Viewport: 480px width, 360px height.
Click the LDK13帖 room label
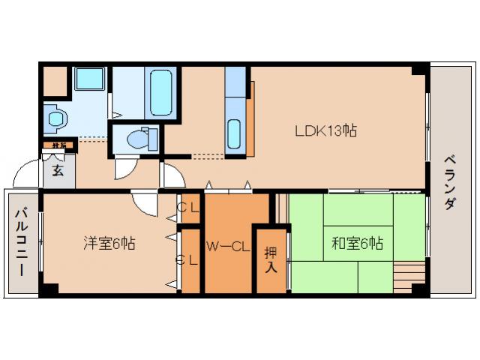point(324,130)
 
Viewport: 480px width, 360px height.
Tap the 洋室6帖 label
point(109,243)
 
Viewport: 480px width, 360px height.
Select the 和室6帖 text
point(358,243)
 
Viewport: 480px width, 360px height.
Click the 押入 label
point(271,257)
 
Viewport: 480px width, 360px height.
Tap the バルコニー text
point(21,242)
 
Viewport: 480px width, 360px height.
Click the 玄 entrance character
point(58,169)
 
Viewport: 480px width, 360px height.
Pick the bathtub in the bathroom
point(160,93)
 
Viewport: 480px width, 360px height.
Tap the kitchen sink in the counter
point(234,134)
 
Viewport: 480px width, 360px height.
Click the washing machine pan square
point(91,81)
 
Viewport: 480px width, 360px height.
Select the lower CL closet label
point(187,260)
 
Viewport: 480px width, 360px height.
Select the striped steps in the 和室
point(409,269)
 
